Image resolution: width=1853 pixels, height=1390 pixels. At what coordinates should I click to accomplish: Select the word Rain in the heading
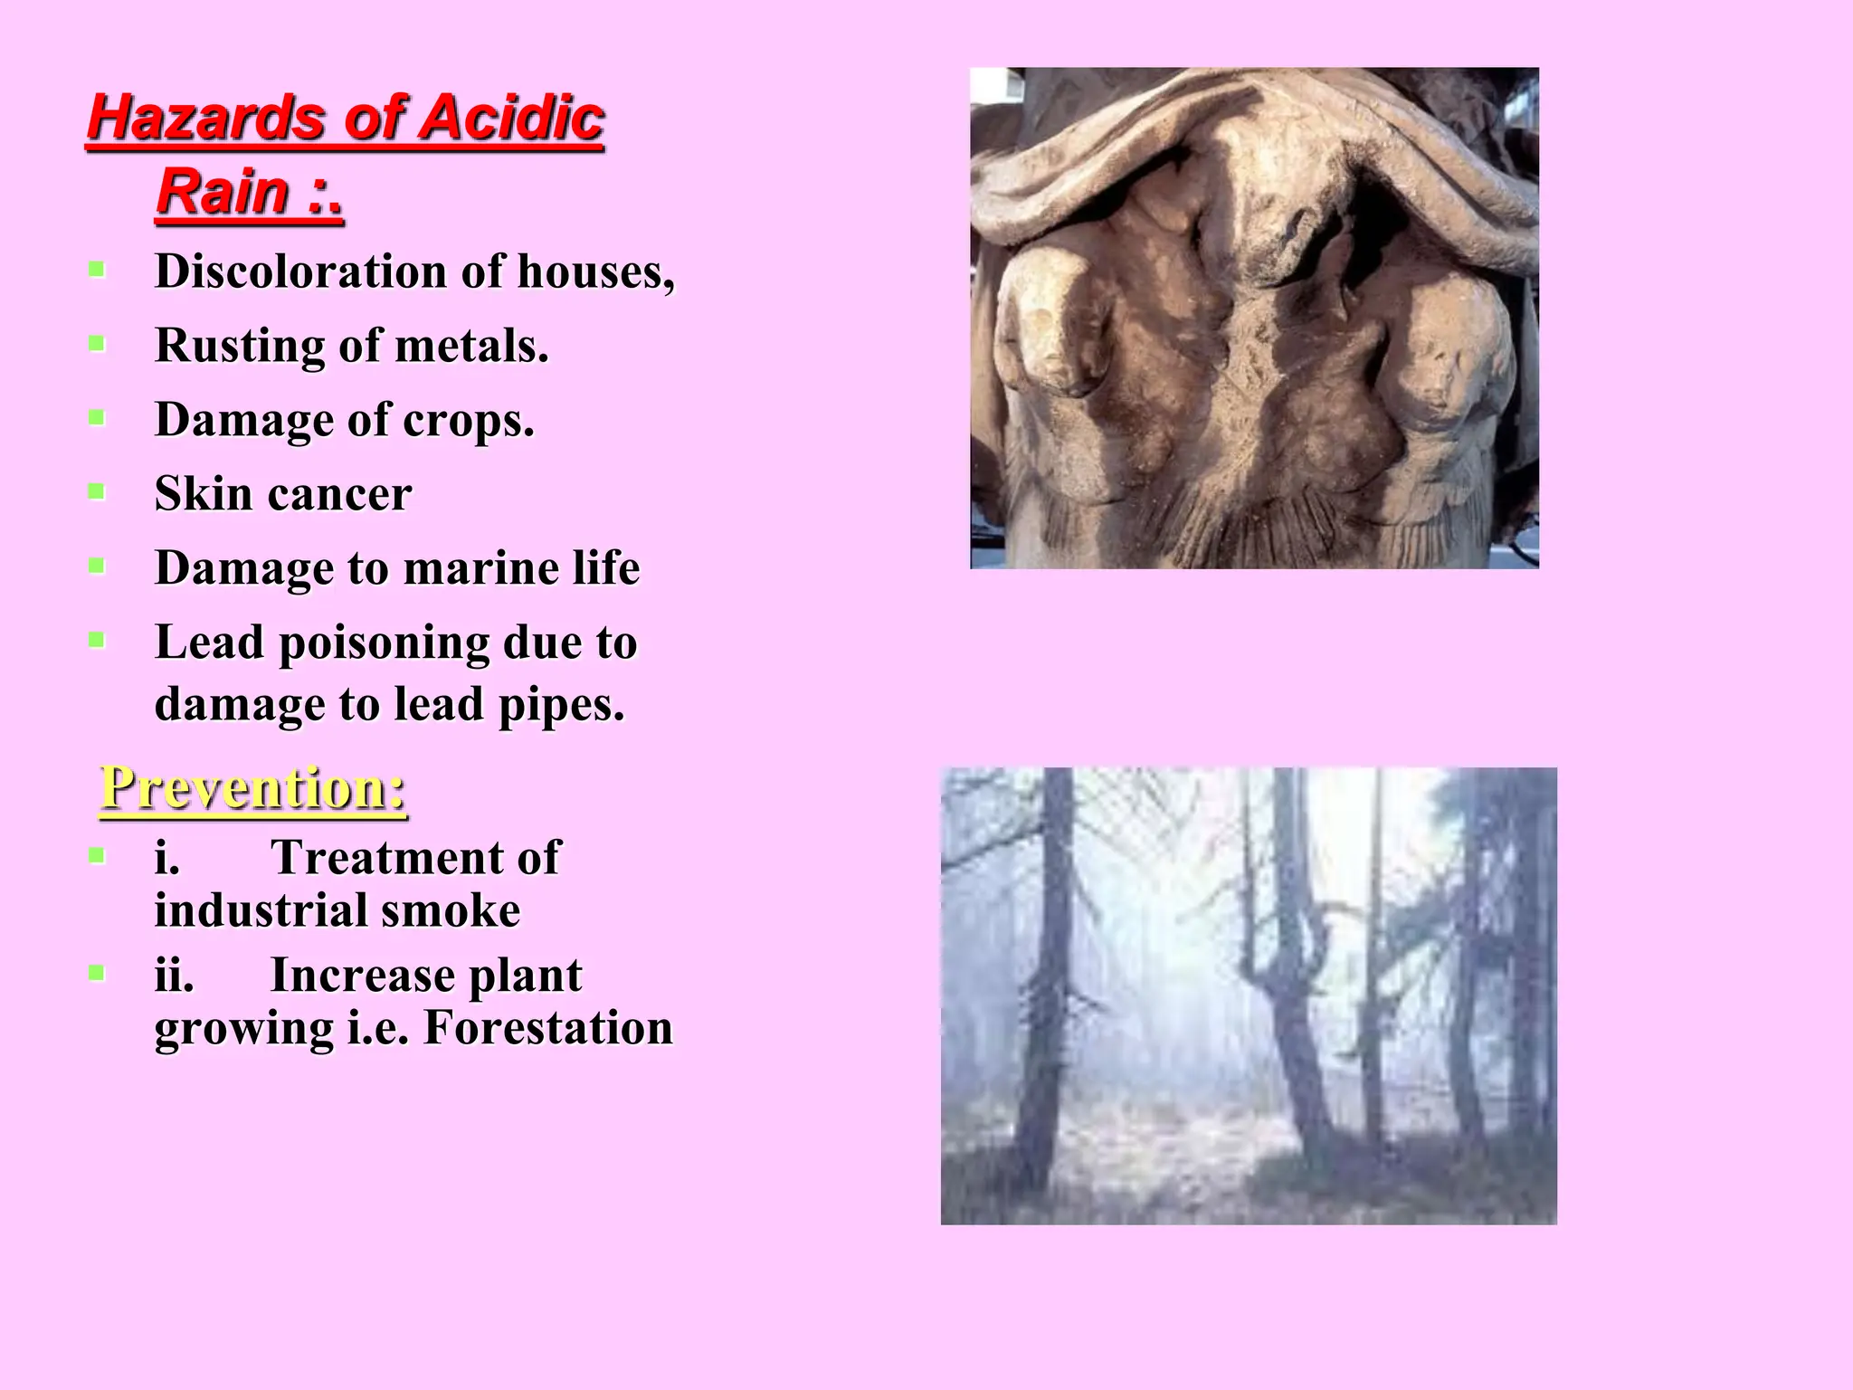pos(223,192)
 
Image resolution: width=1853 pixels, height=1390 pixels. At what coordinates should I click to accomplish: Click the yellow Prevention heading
pos(252,788)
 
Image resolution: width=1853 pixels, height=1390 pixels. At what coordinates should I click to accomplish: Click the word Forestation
pos(548,1028)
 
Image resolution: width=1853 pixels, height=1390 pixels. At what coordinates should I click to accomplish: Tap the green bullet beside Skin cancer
pos(97,492)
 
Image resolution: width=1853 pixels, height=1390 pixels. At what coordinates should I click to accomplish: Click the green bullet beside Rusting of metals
pos(97,344)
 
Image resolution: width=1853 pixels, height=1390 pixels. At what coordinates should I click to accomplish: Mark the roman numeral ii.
pos(174,976)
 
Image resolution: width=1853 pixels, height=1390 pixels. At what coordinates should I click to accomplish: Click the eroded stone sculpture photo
pos(1254,318)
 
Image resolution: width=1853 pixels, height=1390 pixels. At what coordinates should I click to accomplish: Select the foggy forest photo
pos(1249,995)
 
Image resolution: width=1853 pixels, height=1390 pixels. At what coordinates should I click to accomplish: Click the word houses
pos(595,271)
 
